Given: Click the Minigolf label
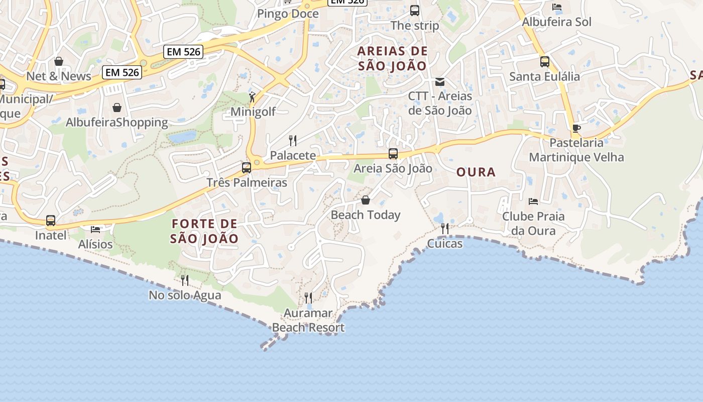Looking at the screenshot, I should [x=253, y=112].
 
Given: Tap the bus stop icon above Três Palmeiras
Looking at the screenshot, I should [x=246, y=168].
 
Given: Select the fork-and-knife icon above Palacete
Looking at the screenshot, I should [x=293, y=140].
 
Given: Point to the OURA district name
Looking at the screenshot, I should [x=476, y=172].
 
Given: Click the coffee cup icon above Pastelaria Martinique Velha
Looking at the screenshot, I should [x=576, y=129].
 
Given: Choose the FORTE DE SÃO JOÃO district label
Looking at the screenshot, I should [x=204, y=231].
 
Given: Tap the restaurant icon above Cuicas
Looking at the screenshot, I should [x=444, y=229].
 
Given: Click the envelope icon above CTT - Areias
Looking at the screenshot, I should [x=440, y=81].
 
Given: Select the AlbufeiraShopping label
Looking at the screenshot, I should [x=117, y=123].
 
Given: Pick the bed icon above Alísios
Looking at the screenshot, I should [x=95, y=230].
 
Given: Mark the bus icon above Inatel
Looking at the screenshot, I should [x=51, y=221].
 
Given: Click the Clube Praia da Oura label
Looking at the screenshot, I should [x=533, y=224].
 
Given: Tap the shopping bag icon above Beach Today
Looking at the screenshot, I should [x=366, y=200].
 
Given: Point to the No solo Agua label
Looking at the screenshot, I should [x=185, y=295].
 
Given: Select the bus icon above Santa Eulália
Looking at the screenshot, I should [x=545, y=62].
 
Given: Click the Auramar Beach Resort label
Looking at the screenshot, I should [x=308, y=321].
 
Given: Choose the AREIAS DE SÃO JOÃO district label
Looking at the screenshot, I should [x=392, y=58].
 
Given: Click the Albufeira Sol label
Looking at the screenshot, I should [x=556, y=22].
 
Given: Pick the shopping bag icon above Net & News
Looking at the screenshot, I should [x=59, y=61].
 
